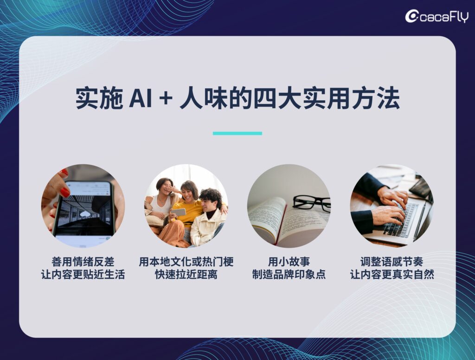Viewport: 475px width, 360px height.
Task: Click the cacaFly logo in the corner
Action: [x=436, y=16]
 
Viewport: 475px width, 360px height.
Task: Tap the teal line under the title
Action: [x=237, y=133]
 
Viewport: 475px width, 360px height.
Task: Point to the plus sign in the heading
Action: [x=166, y=99]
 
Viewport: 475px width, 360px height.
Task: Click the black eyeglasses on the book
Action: [x=311, y=202]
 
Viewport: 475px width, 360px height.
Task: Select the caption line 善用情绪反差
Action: [x=83, y=261]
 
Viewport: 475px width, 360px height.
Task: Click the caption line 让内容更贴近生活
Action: [x=83, y=274]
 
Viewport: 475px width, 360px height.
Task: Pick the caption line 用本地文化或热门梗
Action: [x=186, y=261]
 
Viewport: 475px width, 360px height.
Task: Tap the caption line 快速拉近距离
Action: [x=186, y=274]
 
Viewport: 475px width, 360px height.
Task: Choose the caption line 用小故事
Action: [x=289, y=261]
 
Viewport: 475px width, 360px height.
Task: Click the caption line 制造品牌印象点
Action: [x=289, y=274]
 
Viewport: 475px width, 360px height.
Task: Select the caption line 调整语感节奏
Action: [x=392, y=261]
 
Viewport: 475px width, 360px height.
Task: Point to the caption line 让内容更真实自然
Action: [x=392, y=274]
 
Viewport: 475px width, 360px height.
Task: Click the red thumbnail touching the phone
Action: [x=65, y=192]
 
